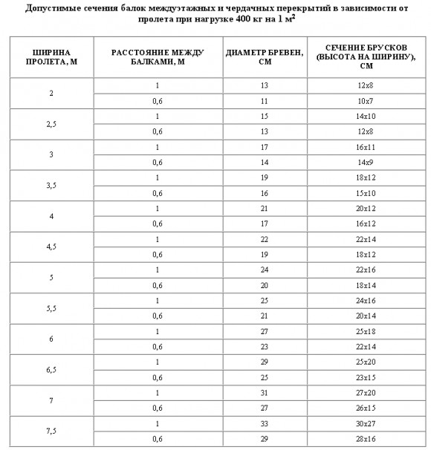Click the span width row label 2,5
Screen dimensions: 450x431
coord(51,124)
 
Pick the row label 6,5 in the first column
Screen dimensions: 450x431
coord(51,368)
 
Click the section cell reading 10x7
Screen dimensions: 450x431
coord(364,100)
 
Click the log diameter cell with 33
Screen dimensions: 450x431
coord(265,422)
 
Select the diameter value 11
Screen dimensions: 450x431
coord(265,100)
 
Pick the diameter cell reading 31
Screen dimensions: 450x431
coord(265,391)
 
